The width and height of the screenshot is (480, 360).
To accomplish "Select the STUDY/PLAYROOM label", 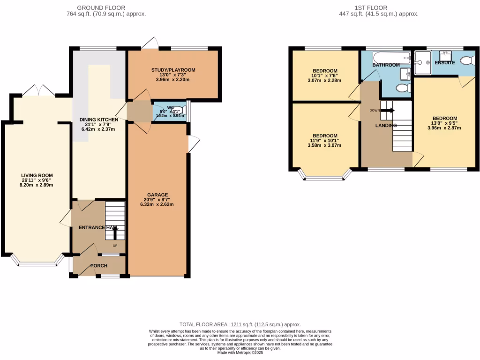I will point(173,70).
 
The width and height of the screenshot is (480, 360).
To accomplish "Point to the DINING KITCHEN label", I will point(98,120).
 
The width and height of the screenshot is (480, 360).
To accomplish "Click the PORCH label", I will point(98,266).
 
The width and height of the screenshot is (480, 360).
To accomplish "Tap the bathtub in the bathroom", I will point(392,58).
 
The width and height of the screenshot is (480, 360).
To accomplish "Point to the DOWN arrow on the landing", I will point(387,111).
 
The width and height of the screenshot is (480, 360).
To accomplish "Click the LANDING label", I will point(386,125).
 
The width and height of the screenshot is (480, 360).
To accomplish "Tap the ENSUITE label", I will point(444,62).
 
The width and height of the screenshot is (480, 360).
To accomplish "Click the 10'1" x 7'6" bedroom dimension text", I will point(324,75).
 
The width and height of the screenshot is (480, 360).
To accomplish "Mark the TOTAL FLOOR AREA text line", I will point(240,324).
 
